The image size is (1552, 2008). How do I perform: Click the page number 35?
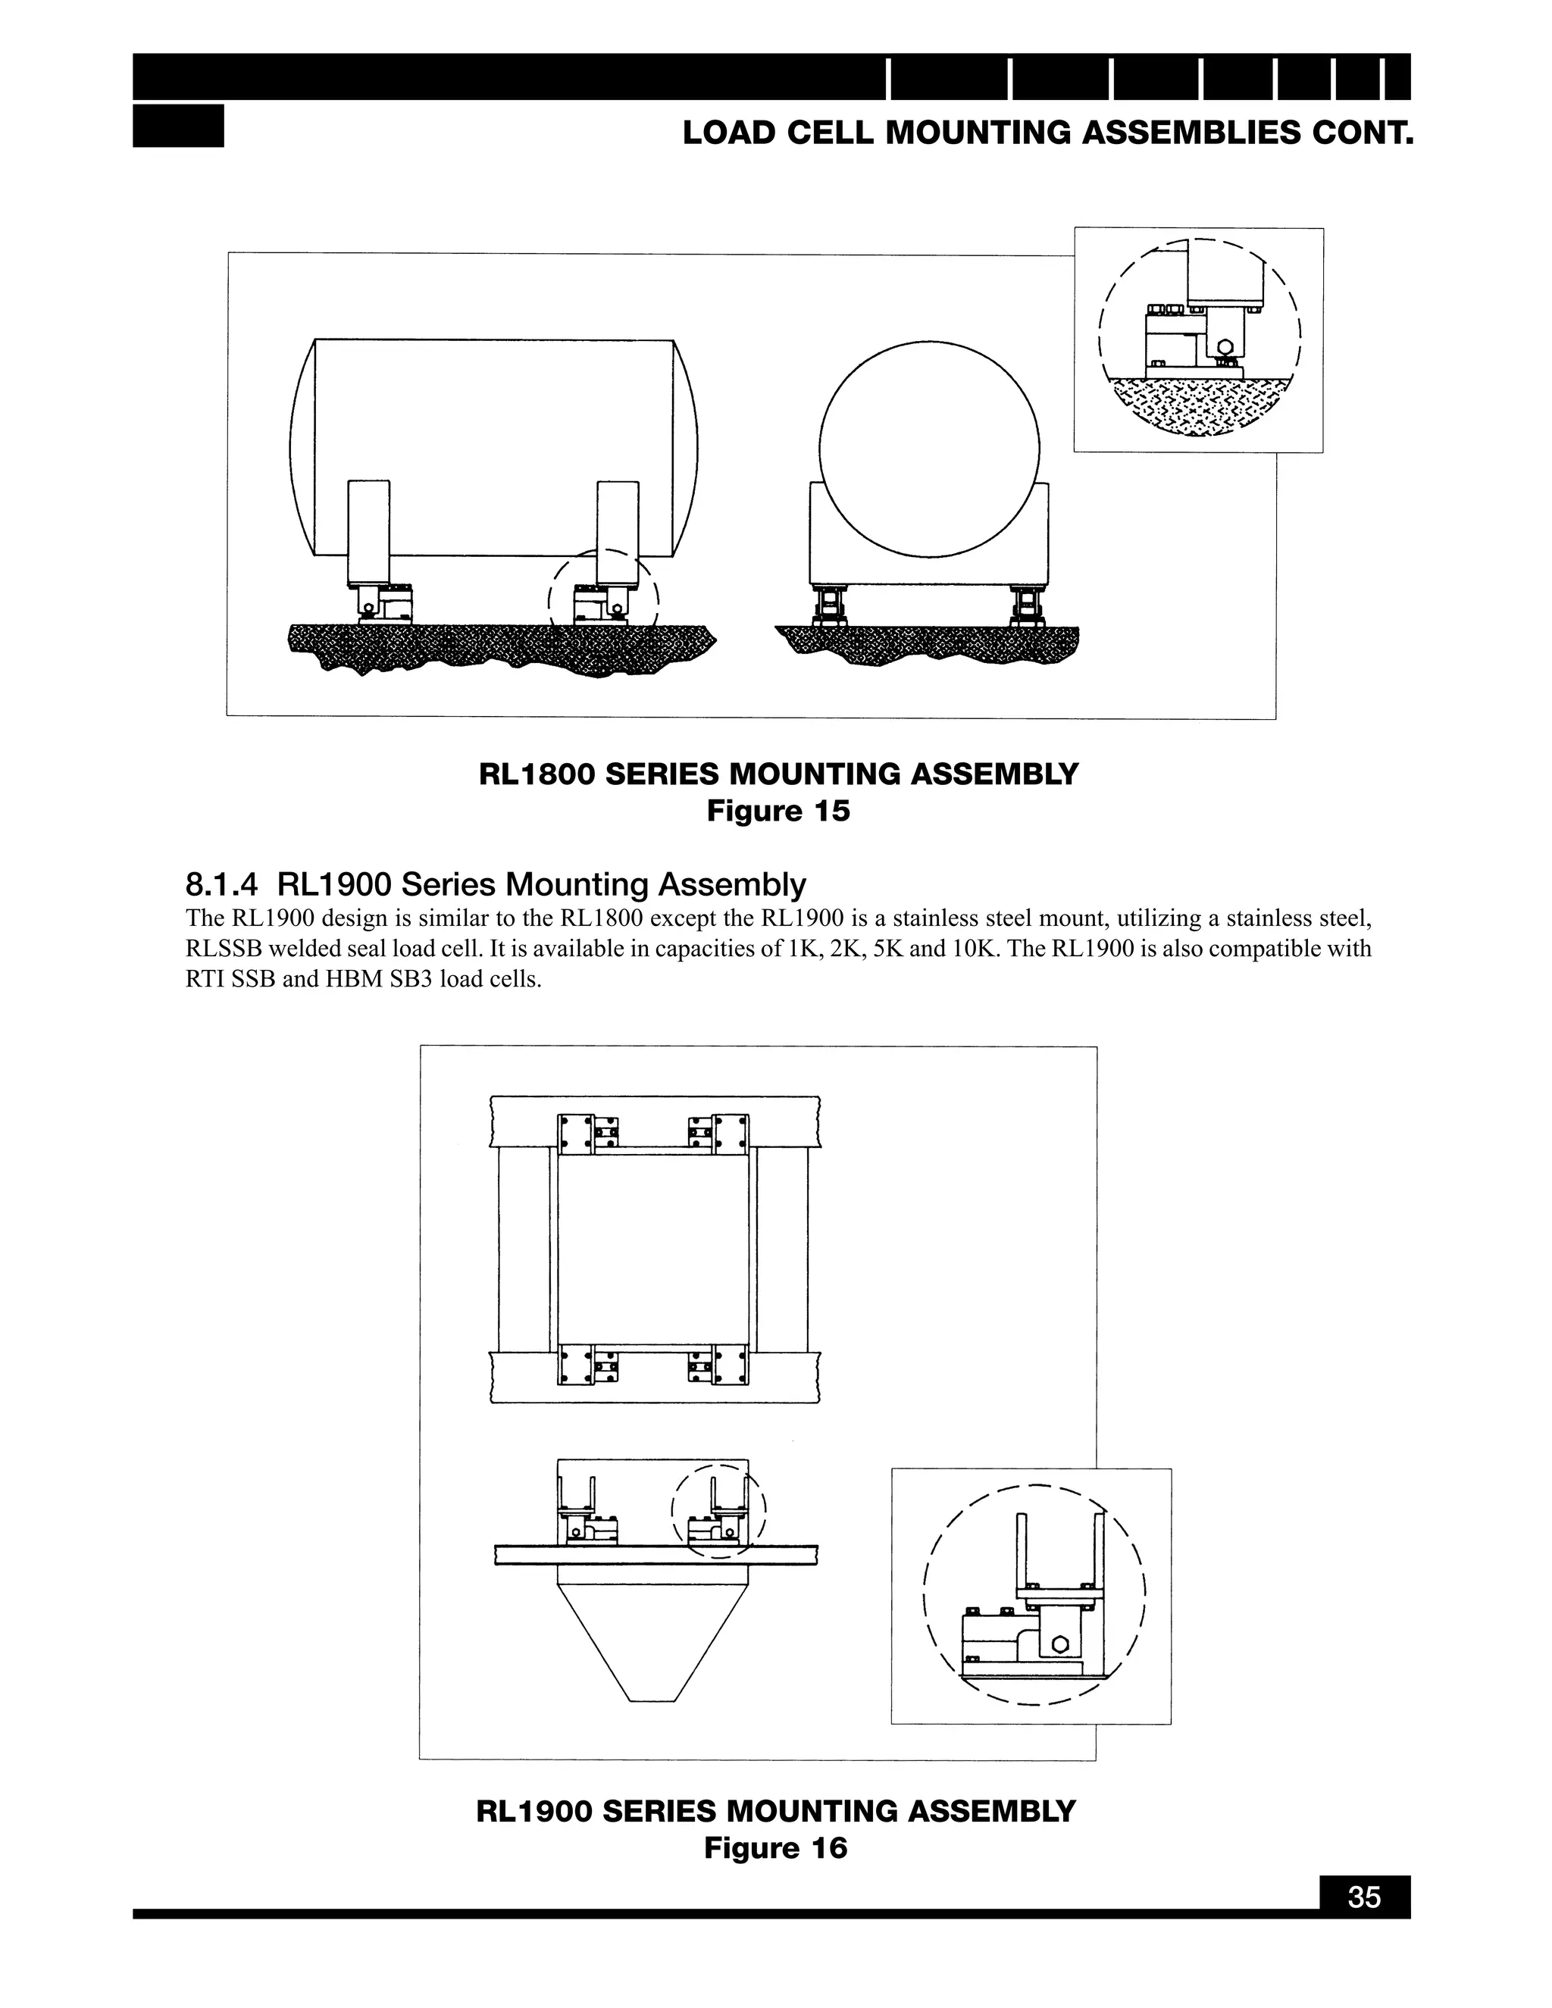(x=1364, y=1897)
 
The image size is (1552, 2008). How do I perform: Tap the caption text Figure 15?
(x=778, y=812)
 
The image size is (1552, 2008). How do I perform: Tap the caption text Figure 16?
(x=775, y=1848)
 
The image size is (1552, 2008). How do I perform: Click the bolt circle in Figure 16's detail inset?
(x=1058, y=1645)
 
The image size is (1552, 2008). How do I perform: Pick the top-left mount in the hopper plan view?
(x=587, y=1134)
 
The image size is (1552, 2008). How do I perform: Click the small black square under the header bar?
(x=178, y=126)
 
